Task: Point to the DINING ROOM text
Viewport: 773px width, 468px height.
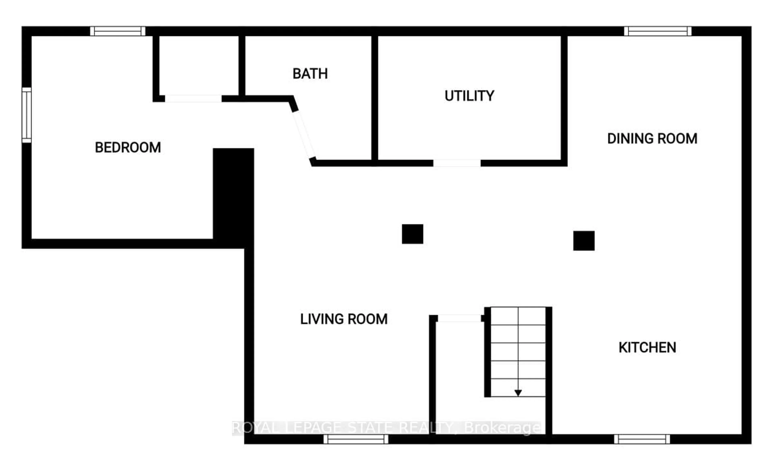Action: click(x=652, y=139)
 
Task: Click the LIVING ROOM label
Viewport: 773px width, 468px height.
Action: click(x=344, y=319)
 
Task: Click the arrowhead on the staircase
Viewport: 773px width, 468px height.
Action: click(x=518, y=393)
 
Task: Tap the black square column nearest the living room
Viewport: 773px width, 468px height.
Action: click(x=412, y=234)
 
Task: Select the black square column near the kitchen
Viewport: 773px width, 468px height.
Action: click(x=584, y=241)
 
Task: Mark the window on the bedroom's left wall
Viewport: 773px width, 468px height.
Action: click(x=27, y=115)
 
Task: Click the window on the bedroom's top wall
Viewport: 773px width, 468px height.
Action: click(x=118, y=31)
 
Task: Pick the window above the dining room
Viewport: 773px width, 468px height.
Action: click(x=657, y=31)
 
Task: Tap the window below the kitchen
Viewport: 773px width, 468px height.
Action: click(x=642, y=439)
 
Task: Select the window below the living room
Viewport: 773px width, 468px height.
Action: click(x=356, y=439)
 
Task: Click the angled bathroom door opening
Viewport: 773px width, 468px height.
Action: click(x=304, y=135)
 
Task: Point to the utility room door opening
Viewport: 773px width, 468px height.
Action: click(x=457, y=163)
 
